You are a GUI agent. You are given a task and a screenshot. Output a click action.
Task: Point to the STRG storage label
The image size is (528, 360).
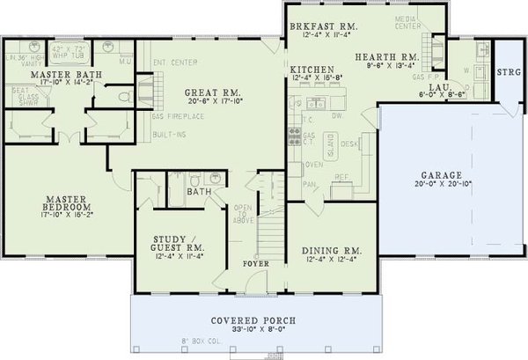click(x=508, y=72)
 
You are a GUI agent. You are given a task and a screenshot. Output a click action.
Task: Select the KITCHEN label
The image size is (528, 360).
click(x=312, y=68)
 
